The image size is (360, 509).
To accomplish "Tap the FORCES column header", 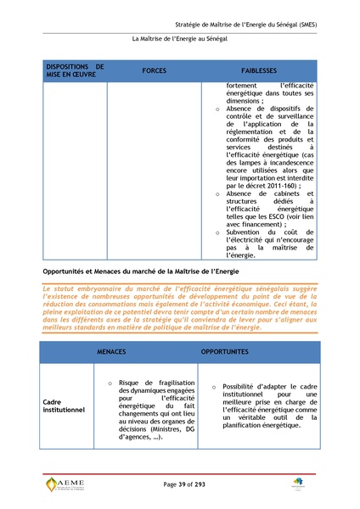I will [155, 70].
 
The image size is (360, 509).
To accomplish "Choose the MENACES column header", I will [113, 351].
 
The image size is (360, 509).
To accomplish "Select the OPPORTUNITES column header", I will [224, 351].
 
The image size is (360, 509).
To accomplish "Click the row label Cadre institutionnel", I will [64, 406].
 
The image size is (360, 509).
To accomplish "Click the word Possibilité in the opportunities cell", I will [242, 387].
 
